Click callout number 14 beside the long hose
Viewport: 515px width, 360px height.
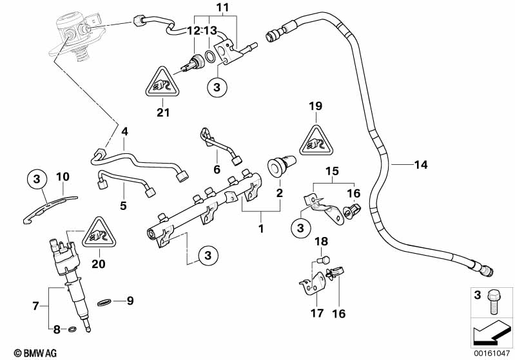[x=420, y=166]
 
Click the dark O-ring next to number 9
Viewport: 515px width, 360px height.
[x=104, y=301]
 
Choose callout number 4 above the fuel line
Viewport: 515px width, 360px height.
[x=124, y=131]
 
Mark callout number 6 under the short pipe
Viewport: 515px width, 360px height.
[x=217, y=169]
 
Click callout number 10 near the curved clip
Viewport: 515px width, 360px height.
[x=62, y=176]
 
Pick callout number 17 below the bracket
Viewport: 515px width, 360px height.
[x=316, y=314]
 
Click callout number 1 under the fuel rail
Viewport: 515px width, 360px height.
[x=260, y=227]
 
